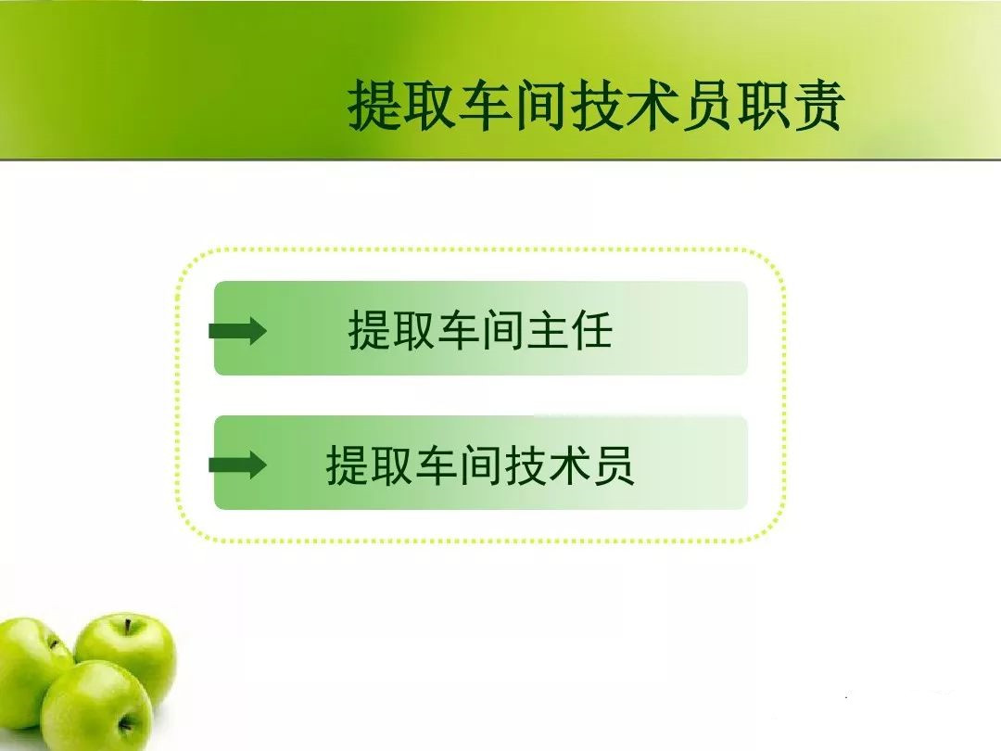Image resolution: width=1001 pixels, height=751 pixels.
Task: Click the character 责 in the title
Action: (x=819, y=106)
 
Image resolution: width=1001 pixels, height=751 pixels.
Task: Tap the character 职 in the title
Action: (x=764, y=106)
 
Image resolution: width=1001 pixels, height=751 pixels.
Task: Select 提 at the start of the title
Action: (x=374, y=106)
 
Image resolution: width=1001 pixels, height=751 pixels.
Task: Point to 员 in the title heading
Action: (x=708, y=106)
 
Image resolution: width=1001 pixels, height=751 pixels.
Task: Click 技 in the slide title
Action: (x=597, y=106)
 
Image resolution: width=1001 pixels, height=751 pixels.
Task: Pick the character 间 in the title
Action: (x=541, y=106)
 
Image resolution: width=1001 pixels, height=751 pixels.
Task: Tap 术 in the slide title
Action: (x=653, y=106)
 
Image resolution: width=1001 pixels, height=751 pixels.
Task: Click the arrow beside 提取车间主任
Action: (x=238, y=330)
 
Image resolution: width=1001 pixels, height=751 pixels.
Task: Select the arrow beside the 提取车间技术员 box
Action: (x=238, y=465)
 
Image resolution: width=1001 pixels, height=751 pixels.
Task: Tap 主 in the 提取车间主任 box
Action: (x=547, y=329)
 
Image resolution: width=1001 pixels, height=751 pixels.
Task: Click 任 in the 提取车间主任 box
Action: (x=591, y=329)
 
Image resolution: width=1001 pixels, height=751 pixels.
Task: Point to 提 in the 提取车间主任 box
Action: (x=370, y=329)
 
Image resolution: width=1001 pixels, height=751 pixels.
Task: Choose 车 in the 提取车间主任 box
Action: (x=459, y=329)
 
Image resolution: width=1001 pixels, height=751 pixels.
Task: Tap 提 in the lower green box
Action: (x=348, y=465)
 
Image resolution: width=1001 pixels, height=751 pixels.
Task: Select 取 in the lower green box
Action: (x=391, y=465)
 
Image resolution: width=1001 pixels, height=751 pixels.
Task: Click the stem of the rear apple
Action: (x=128, y=626)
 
